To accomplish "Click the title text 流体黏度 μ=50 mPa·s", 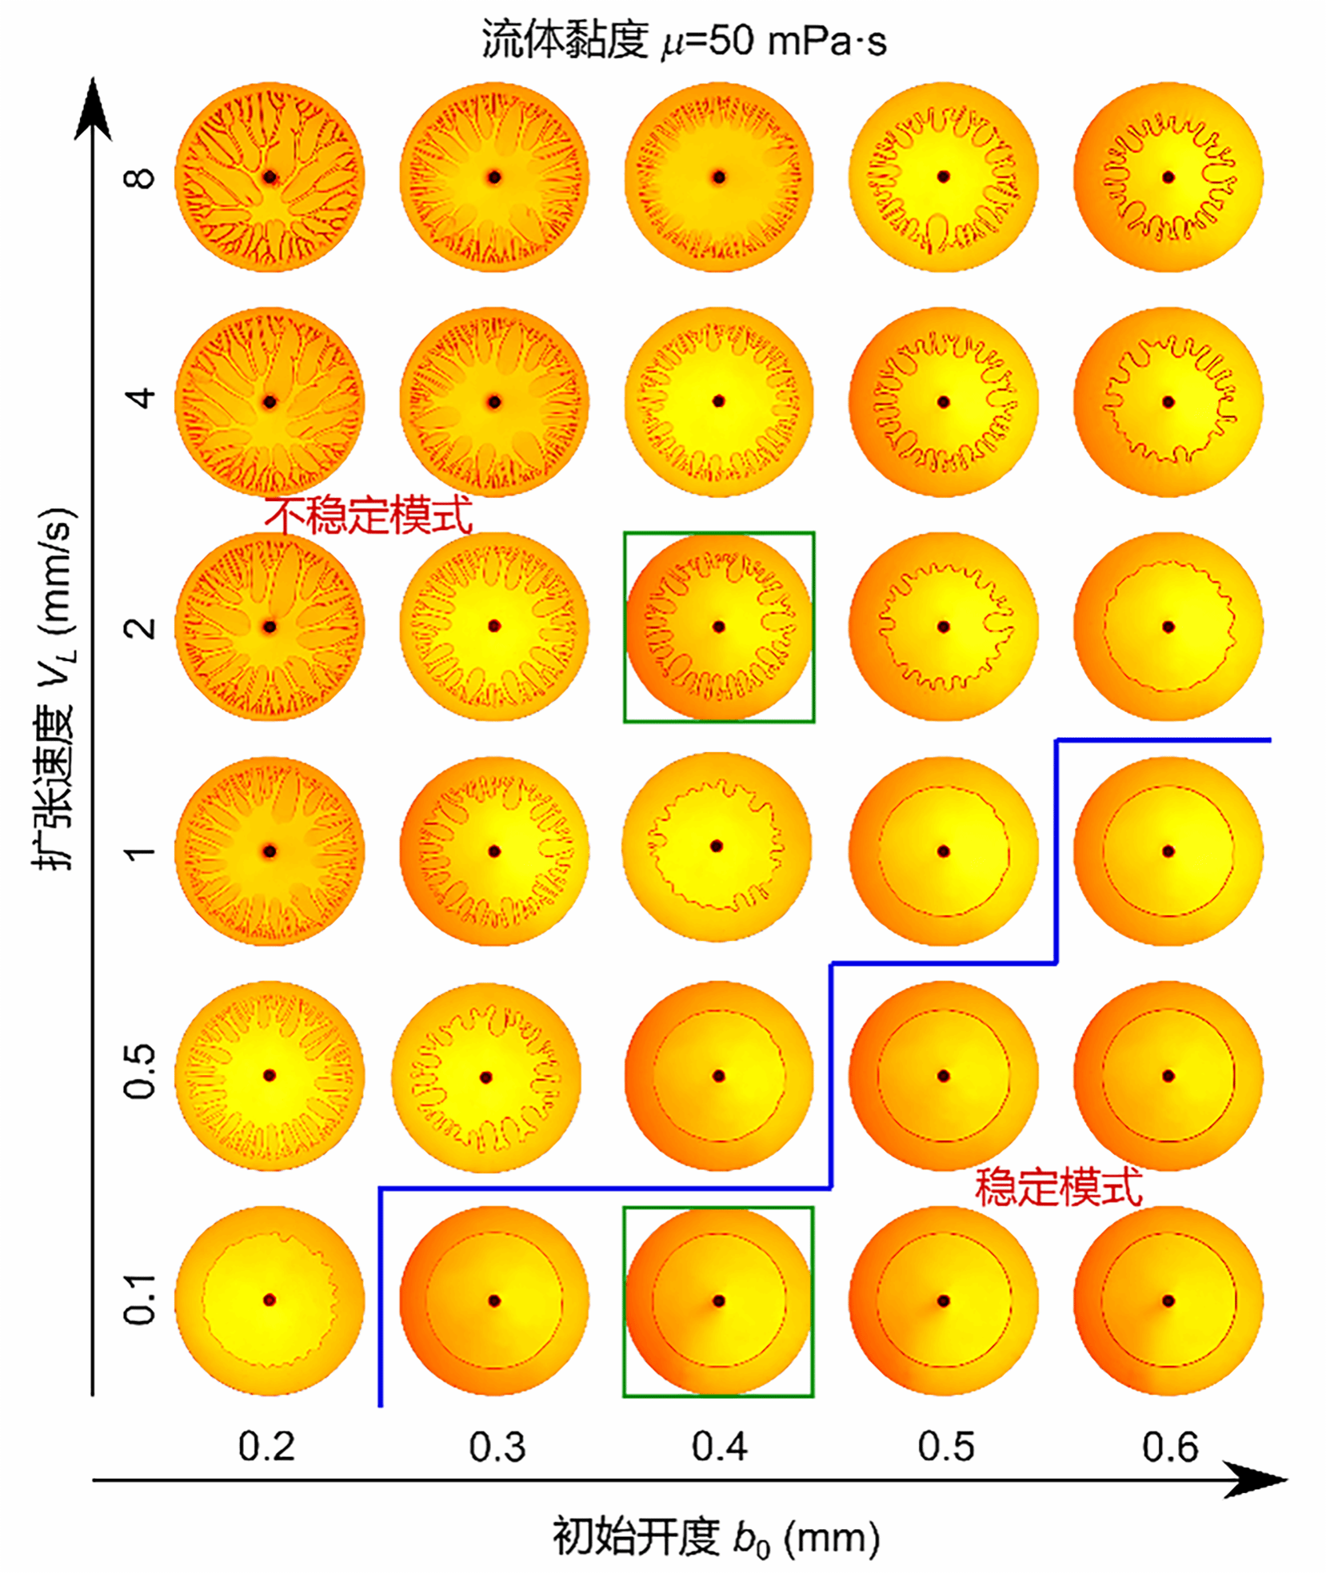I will [x=684, y=40].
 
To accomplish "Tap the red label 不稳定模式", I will [x=369, y=516].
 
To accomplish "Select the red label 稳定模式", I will [x=1058, y=1186].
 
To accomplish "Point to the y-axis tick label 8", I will [x=141, y=177].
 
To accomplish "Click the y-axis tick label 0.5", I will [x=141, y=1076].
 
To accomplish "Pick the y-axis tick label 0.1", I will [x=141, y=1300].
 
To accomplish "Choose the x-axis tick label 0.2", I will [x=267, y=1448].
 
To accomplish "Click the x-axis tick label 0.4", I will [x=719, y=1448].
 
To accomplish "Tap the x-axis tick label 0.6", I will [x=1169, y=1448].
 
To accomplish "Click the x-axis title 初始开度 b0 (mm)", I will [x=717, y=1537].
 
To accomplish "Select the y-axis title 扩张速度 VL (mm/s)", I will [x=56, y=688].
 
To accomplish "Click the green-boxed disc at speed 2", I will [x=719, y=627].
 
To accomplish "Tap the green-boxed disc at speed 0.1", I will [x=718, y=1301].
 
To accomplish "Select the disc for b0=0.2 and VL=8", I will [x=270, y=177].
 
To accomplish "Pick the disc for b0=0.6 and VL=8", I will [x=1168, y=177].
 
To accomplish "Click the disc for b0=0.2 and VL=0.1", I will [x=270, y=1300].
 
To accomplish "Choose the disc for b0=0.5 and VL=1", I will [x=944, y=851].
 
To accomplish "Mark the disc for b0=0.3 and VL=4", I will [x=494, y=401].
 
